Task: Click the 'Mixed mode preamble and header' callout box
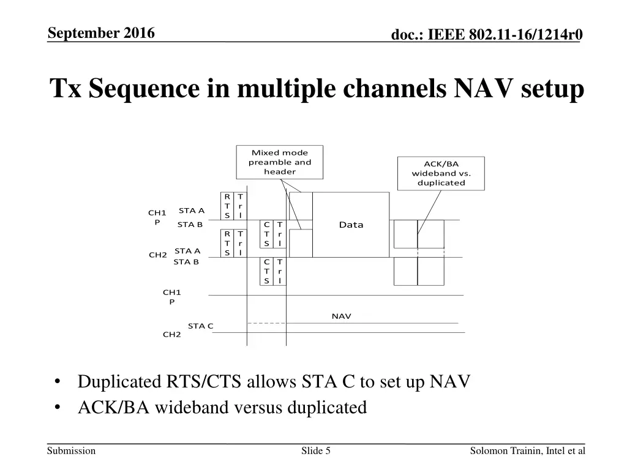(x=280, y=162)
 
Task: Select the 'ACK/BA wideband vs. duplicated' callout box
(x=441, y=173)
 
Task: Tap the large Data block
(x=351, y=225)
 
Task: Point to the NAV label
(x=341, y=316)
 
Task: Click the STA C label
(x=200, y=326)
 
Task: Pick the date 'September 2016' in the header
(x=101, y=33)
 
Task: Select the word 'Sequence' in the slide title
(x=143, y=89)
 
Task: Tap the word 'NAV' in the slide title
(x=483, y=89)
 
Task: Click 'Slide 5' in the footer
(x=316, y=451)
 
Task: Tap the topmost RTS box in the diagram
(x=227, y=206)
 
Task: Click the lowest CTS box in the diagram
(x=267, y=271)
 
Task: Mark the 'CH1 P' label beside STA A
(x=157, y=217)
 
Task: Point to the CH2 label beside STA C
(x=171, y=334)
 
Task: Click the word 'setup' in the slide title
(x=553, y=89)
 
